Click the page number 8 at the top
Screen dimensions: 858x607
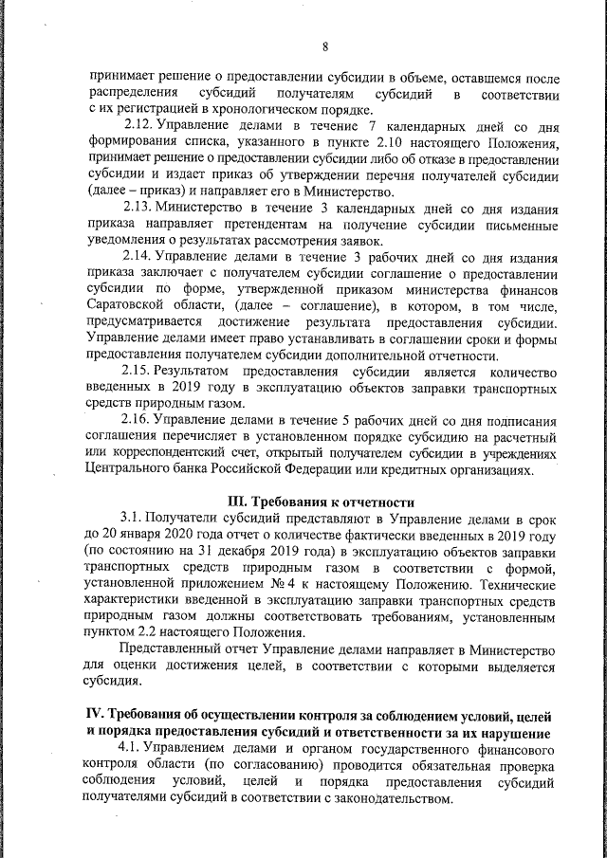(325, 46)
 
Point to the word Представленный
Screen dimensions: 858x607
(172, 649)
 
